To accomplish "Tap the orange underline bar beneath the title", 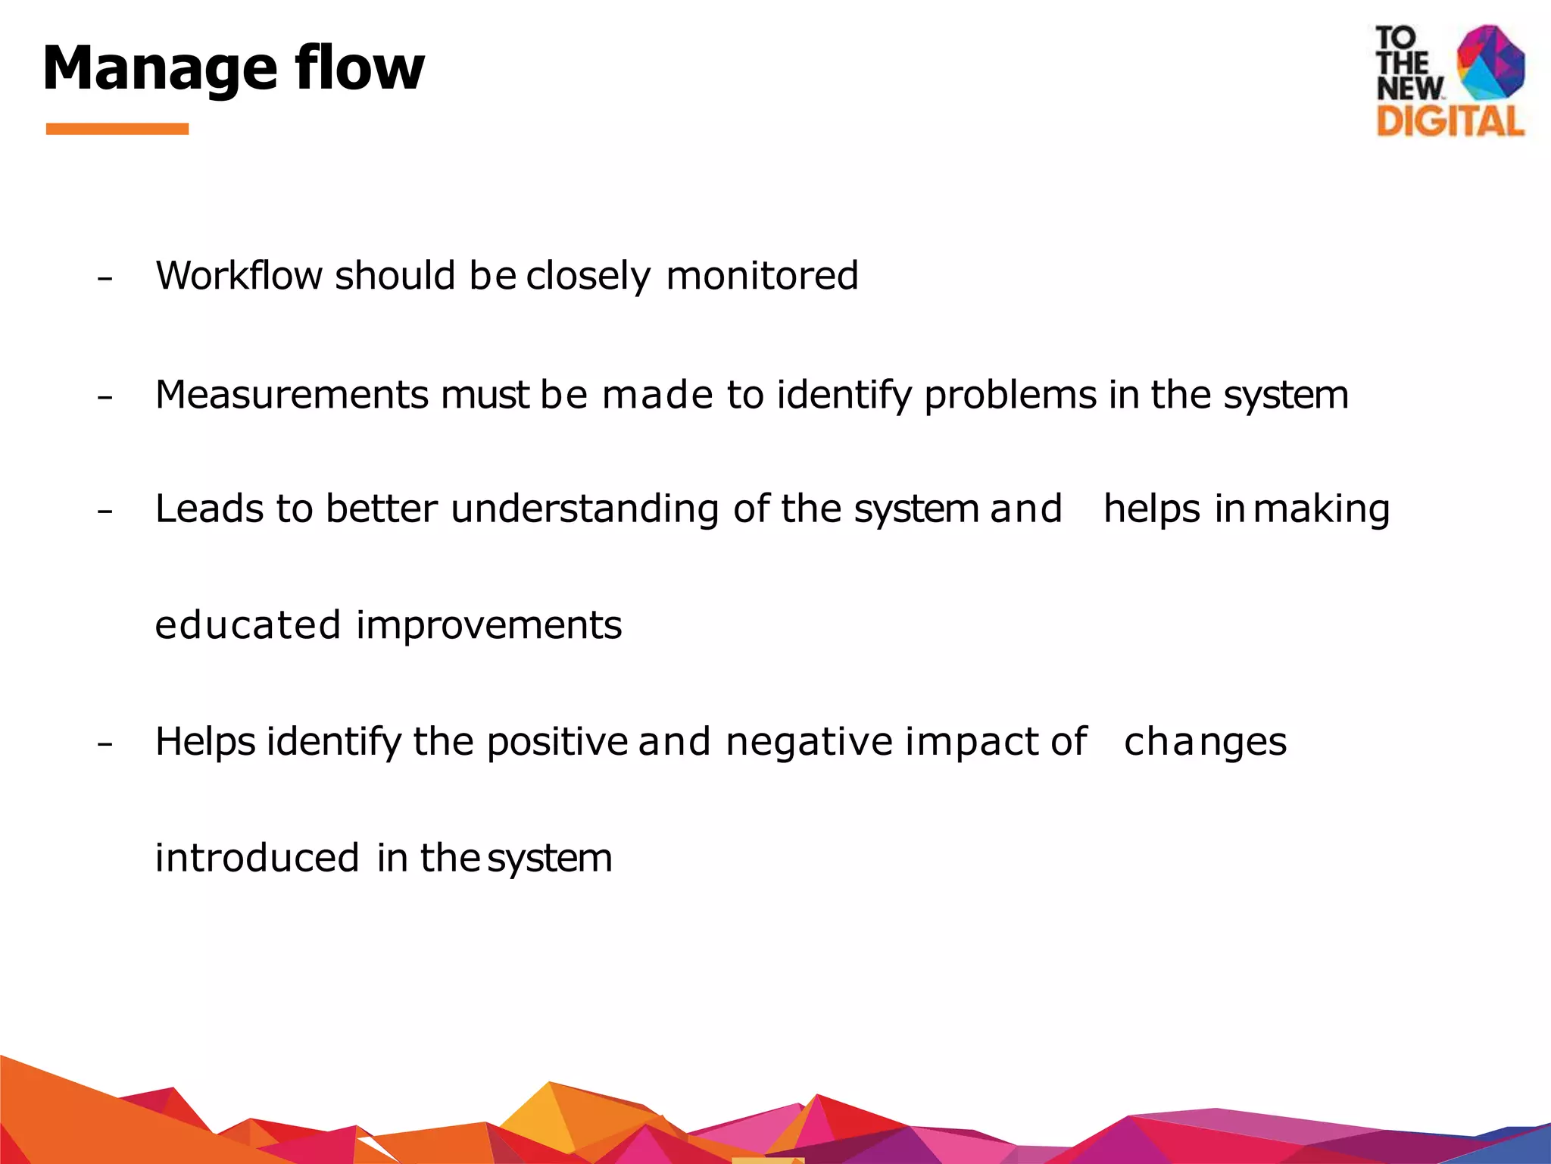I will click(x=117, y=129).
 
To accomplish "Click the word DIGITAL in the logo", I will click(x=1450, y=122).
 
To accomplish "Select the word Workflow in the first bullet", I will click(x=239, y=275).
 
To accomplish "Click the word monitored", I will click(x=762, y=275).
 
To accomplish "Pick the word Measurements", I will click(x=292, y=395).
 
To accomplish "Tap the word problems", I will click(x=1010, y=395).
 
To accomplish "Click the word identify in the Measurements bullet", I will click(x=844, y=395).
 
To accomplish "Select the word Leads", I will click(x=209, y=508).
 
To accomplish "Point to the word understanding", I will click(x=584, y=508).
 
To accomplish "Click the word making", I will click(x=1322, y=508).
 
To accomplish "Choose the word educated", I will click(x=248, y=625).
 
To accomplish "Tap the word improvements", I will click(x=488, y=625).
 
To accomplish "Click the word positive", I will click(x=557, y=742).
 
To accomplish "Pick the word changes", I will click(x=1205, y=742).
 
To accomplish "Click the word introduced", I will click(x=257, y=858).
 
